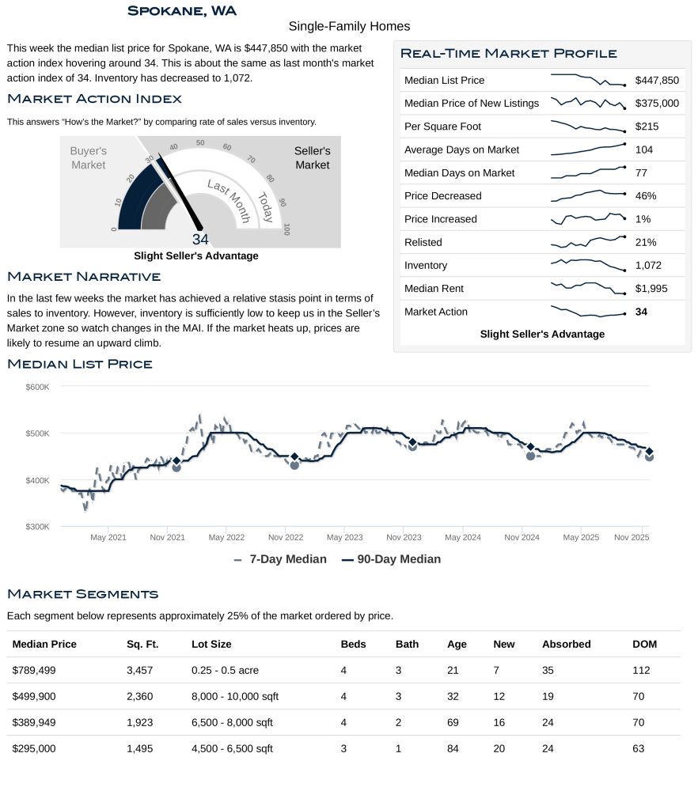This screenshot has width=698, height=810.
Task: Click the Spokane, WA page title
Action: (181, 10)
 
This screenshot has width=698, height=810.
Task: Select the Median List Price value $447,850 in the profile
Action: (657, 81)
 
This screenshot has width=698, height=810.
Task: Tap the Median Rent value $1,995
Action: (651, 289)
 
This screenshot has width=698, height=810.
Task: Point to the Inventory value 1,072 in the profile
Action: (648, 266)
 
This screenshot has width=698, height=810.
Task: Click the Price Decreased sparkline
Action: (588, 195)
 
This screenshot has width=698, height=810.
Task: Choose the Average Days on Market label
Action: (461, 150)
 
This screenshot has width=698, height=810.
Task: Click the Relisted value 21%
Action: (646, 243)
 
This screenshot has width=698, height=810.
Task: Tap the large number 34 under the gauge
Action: (200, 240)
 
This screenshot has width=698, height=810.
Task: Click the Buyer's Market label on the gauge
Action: (88, 157)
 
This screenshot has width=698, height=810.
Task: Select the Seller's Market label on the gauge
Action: (312, 157)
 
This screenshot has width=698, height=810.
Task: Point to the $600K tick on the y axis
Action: (37, 387)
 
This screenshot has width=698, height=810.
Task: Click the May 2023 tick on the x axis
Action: (344, 538)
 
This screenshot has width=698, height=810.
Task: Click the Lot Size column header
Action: (211, 644)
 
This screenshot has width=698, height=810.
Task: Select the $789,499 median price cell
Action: (34, 670)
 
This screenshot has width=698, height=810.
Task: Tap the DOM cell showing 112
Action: (641, 670)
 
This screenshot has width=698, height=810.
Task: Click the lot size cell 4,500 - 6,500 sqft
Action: (232, 748)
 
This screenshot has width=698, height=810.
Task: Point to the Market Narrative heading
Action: (84, 276)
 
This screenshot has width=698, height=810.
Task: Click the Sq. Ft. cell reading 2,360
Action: (139, 696)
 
